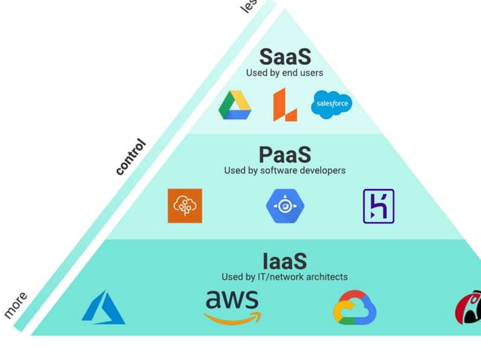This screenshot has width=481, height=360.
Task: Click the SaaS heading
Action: pyautogui.click(x=285, y=56)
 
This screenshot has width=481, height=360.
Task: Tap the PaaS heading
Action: pyautogui.click(x=285, y=154)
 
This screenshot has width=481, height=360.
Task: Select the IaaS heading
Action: pyautogui.click(x=285, y=261)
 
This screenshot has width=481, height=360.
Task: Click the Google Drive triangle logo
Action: pyautogui.click(x=234, y=105)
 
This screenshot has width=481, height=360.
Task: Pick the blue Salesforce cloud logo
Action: pyautogui.click(x=332, y=103)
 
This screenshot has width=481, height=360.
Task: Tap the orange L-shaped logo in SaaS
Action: pyautogui.click(x=285, y=104)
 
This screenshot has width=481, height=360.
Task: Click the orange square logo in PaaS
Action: pyautogui.click(x=185, y=206)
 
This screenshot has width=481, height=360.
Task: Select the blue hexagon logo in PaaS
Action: pyautogui.click(x=284, y=206)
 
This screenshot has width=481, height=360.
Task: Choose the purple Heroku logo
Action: pyautogui.click(x=378, y=206)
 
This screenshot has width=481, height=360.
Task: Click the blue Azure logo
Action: pyautogui.click(x=103, y=308)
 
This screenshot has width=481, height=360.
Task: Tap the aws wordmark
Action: pyautogui.click(x=232, y=302)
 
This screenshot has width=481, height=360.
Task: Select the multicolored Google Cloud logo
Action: pyautogui.click(x=354, y=308)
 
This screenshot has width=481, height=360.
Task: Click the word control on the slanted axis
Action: pyautogui.click(x=130, y=157)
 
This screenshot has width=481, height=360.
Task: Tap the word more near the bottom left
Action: pyautogui.click(x=16, y=304)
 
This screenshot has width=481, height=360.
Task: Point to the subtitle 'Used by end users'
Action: pyautogui.click(x=284, y=73)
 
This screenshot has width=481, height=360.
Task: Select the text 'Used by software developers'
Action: pyautogui.click(x=284, y=170)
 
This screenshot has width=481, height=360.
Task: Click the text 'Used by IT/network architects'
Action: pyautogui.click(x=284, y=277)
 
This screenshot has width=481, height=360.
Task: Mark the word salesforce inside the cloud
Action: pyautogui.click(x=332, y=102)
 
